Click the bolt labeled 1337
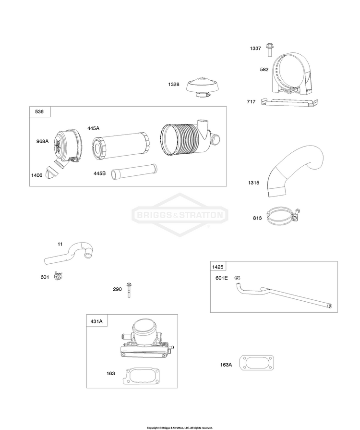[x=270, y=49]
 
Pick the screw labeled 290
[x=129, y=290]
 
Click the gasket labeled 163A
[x=257, y=363]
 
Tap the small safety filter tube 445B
[x=134, y=172]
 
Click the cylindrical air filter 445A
[x=121, y=141]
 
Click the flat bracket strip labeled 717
[x=289, y=102]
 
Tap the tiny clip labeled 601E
[x=237, y=278]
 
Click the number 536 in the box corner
[x=39, y=111]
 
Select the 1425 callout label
[x=218, y=267]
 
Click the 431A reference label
[x=96, y=321]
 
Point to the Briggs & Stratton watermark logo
[x=180, y=215]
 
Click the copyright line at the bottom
[x=180, y=428]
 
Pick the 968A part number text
[x=42, y=141]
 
